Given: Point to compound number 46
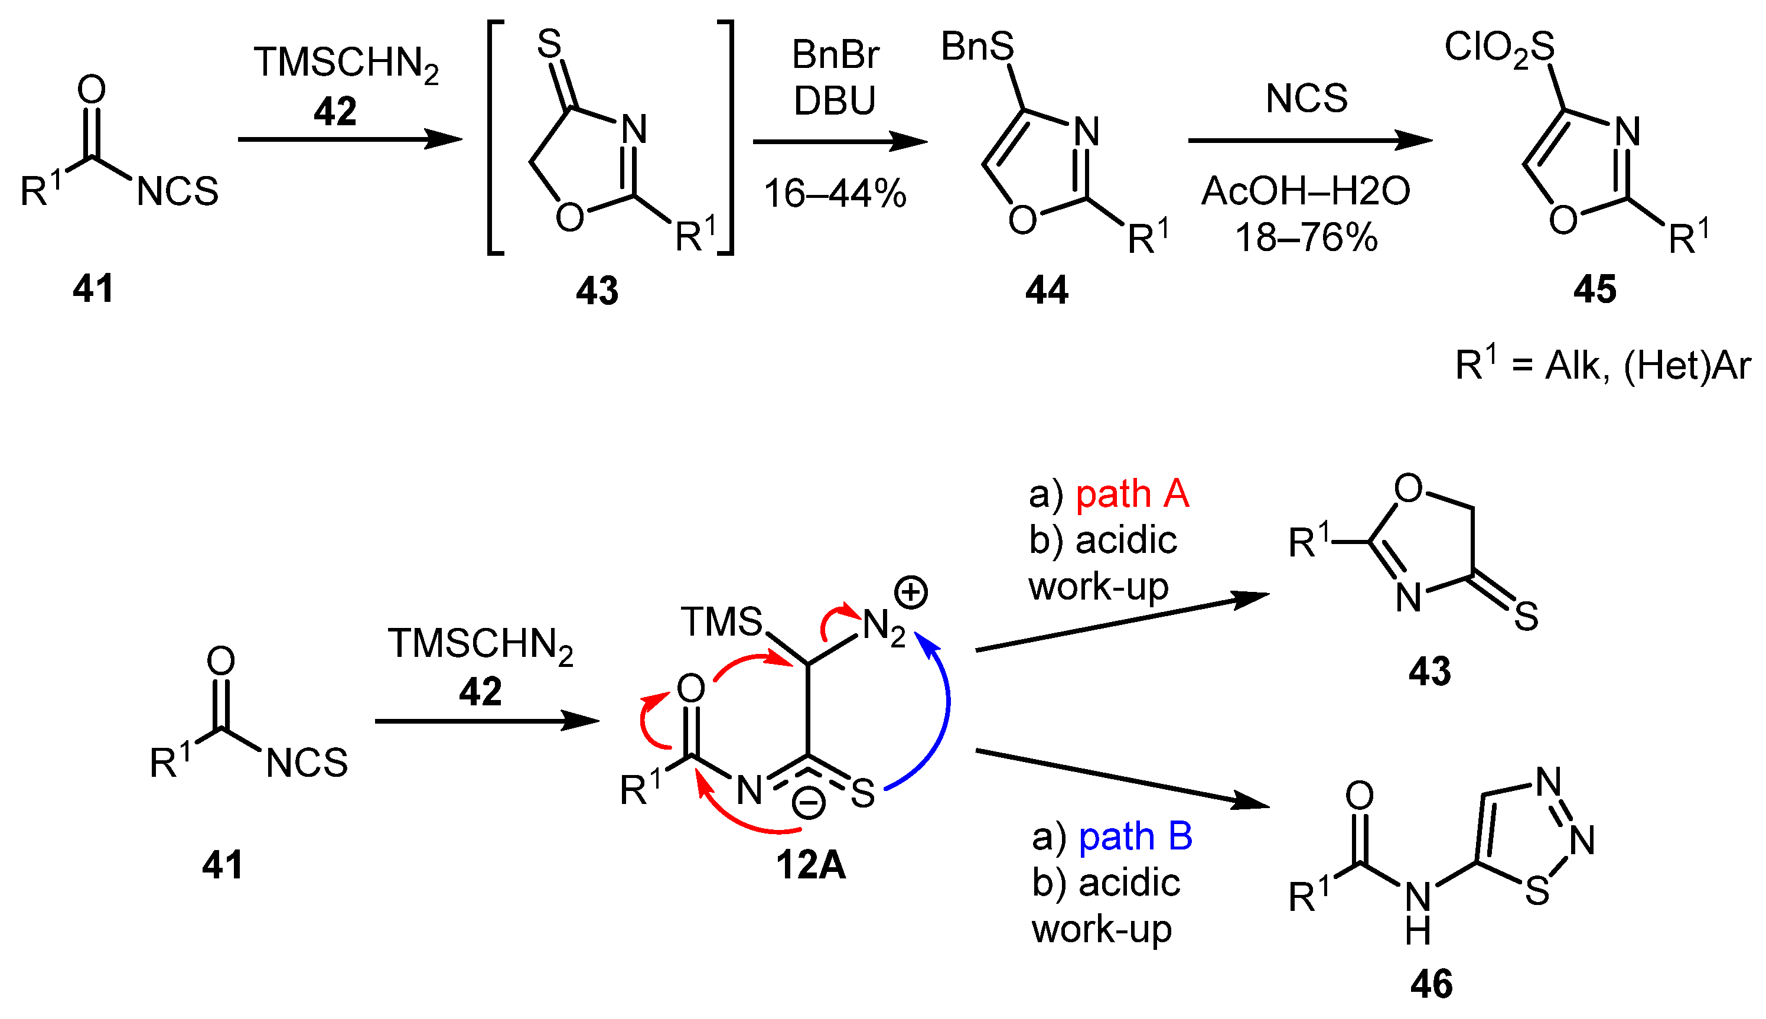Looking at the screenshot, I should pos(1432,984).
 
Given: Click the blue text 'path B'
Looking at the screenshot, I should pos(1135,836).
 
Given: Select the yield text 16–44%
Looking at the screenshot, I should pos(835,194).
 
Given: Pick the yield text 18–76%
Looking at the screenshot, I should pos(1306,238).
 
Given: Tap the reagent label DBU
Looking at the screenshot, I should pos(835,101).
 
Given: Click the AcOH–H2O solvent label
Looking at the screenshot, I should pos(1306,191).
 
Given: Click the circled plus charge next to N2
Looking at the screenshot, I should pos(911,592).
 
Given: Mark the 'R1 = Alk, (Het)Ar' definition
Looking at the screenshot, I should pos(1602,364).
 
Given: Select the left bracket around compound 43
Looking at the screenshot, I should pos(495,138).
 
